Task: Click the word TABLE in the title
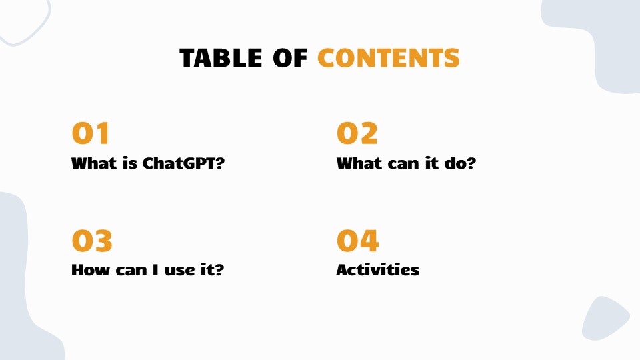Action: pos(221,58)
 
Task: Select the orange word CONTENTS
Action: pos(388,58)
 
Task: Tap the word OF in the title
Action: pos(290,58)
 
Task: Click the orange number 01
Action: pos(91,134)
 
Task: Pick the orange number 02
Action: pos(357,134)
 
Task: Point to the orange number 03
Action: pos(92,241)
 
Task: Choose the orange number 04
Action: pos(357,241)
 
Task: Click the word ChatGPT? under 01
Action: pos(183,163)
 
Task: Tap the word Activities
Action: pos(377,270)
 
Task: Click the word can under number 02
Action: pos(404,163)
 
